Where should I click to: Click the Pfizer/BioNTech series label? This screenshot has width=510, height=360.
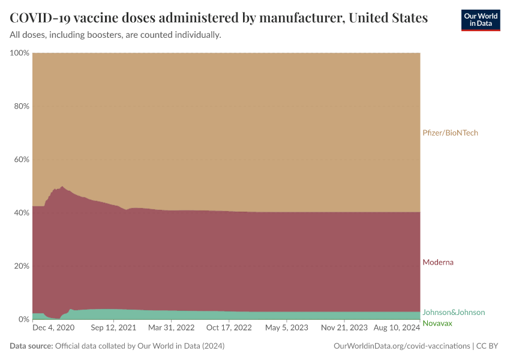[450, 133]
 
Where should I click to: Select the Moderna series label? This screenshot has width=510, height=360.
[438, 262]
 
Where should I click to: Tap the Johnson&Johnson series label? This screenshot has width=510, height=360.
[454, 312]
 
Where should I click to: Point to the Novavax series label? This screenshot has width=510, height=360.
[437, 323]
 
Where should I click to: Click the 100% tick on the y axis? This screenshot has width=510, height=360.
[20, 53]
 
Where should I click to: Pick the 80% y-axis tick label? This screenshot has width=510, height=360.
[22, 106]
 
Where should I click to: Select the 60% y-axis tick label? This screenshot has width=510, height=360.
[22, 160]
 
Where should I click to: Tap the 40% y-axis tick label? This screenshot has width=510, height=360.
[22, 212]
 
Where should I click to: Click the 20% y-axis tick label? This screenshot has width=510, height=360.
[22, 266]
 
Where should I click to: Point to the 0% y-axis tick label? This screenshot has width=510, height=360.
[23, 319]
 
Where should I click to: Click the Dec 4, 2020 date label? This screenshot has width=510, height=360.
[53, 328]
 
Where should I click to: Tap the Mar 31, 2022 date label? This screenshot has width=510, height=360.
[171, 328]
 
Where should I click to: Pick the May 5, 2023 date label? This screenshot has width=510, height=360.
[286, 328]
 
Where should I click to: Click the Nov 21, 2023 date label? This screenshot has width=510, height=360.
[344, 328]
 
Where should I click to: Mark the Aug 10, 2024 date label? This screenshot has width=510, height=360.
[396, 328]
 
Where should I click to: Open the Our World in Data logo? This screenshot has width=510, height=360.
[480, 20]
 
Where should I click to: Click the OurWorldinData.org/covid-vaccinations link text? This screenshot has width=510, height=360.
[401, 346]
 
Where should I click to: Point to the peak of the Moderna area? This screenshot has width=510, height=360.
[62, 187]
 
